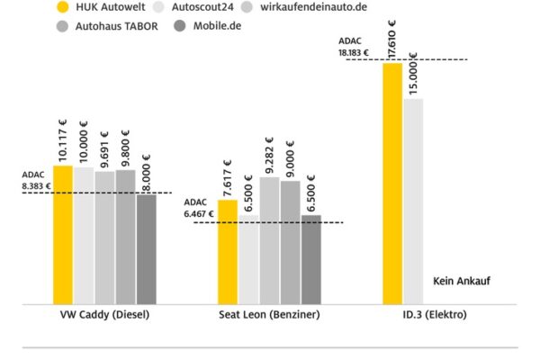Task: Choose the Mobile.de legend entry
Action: pos(217,26)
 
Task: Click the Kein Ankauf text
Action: pos(461,280)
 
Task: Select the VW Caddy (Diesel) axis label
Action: pos(104,316)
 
